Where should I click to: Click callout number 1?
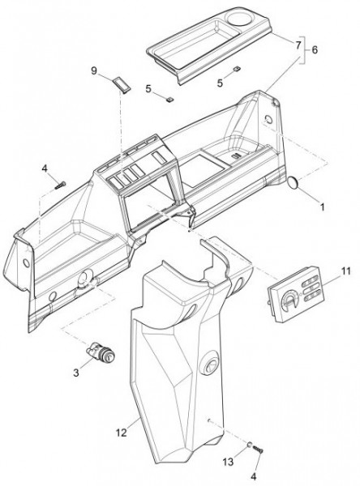(322, 207)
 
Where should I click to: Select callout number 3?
(76, 373)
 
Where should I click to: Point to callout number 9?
(94, 71)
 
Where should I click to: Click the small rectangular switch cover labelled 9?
(122, 83)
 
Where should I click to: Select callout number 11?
(345, 271)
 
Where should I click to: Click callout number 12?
(122, 433)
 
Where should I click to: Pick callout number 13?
(228, 463)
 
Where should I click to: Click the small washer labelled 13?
(249, 445)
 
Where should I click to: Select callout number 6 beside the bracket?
(315, 49)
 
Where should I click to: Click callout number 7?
(298, 45)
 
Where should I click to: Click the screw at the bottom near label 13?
(258, 449)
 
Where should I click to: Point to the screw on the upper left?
(61, 185)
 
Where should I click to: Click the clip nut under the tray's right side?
(237, 68)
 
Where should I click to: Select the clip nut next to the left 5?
(169, 99)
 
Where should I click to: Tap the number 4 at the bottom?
(254, 477)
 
